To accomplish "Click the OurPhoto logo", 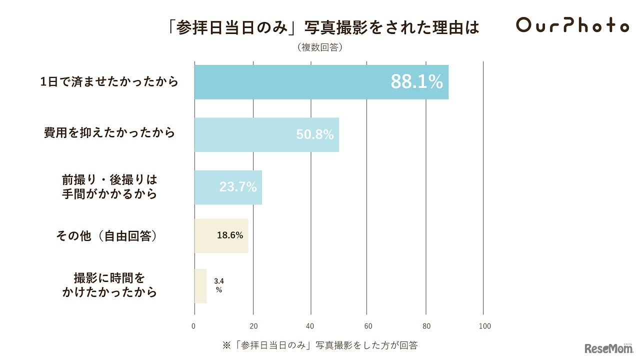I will point(572,25).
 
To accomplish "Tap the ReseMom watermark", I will point(608,348).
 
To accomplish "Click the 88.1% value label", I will point(416,82).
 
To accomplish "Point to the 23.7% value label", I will point(238,187).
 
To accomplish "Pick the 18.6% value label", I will point(230,235).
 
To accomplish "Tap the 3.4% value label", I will point(218,285).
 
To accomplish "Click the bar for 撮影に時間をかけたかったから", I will point(200,286).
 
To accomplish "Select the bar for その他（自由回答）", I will point(221,235).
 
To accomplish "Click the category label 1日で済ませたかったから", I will point(109,82).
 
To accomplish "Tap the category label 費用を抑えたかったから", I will point(109,133).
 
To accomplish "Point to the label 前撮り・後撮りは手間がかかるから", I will point(109,186).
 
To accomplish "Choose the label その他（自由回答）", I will point(107,235).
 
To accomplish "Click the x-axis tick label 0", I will point(194,326).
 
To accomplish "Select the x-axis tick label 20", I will point(253,326).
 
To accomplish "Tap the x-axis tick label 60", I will point(367,326).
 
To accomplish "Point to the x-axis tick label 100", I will point(484,326).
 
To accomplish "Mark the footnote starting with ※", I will point(320,345).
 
